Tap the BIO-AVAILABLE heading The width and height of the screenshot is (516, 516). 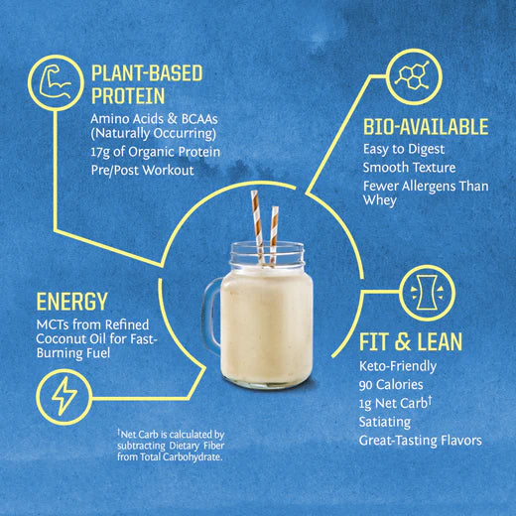(426, 127)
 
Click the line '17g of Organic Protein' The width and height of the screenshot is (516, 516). (154, 152)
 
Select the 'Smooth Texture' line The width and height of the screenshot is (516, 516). (408, 168)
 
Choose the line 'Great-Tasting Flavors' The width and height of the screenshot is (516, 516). (420, 441)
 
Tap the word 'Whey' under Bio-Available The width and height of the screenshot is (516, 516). (379, 201)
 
